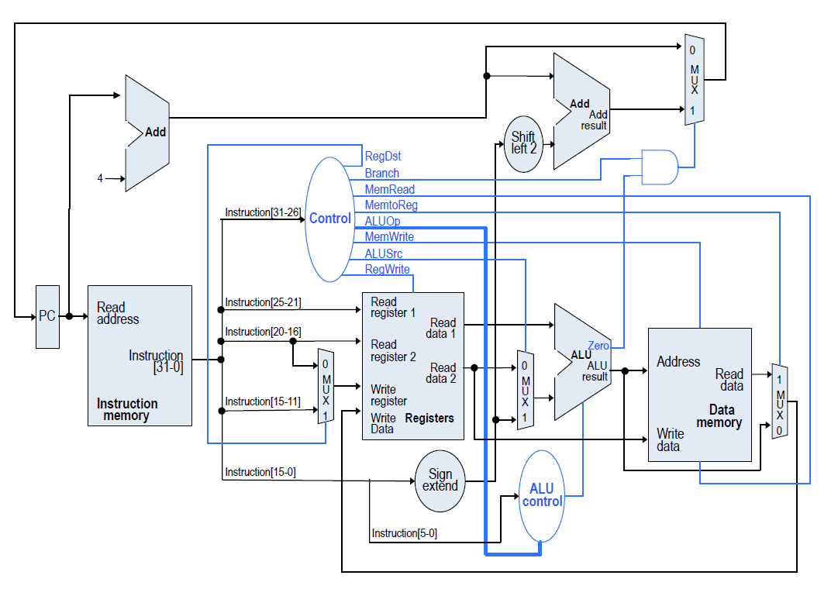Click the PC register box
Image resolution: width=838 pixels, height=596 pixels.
47,316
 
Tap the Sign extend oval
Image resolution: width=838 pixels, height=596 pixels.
440,481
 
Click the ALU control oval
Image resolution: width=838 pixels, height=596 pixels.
542,496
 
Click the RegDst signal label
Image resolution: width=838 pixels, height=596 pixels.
383,157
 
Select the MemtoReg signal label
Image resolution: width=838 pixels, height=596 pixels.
391,205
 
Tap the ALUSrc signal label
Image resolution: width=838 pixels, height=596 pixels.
384,253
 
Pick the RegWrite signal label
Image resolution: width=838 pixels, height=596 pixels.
387,270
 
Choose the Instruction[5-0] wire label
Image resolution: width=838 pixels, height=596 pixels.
404,533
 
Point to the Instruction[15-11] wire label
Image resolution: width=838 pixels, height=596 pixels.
258,401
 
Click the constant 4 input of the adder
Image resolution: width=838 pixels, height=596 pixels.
100,178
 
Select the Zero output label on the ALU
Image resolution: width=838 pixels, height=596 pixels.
598,346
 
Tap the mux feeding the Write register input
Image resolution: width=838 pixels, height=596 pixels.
326,386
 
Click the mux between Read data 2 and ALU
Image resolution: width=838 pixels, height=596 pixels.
525,390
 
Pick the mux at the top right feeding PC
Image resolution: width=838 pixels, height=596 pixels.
694,79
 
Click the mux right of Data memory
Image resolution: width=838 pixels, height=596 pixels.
780,401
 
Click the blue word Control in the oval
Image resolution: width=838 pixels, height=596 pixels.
330,219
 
